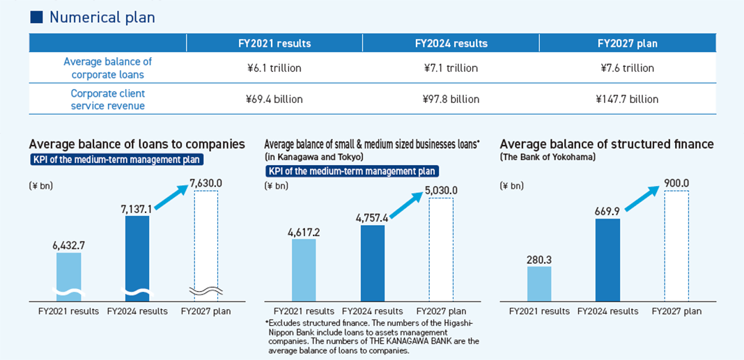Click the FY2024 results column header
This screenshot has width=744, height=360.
pyautogui.click(x=451, y=43)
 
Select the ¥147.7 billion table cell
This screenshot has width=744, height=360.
pyautogui.click(x=627, y=99)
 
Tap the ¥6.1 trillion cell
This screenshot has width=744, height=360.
pyautogui.click(x=274, y=68)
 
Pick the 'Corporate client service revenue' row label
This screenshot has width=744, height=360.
pyautogui.click(x=108, y=99)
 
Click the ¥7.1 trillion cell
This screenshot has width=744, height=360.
pyautogui.click(x=451, y=68)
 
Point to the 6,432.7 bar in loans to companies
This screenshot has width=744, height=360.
pyautogui.click(x=68, y=276)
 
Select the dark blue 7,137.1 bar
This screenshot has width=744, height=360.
pyautogui.click(x=137, y=258)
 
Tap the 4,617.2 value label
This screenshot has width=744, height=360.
pyautogui.click(x=304, y=233)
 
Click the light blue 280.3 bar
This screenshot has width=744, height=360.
pyautogui.click(x=539, y=283)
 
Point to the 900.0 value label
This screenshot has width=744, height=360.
pyautogui.click(x=676, y=183)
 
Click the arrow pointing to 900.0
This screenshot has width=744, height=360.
pyautogui.click(x=642, y=198)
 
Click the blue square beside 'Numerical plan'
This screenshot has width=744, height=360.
pyautogui.click(x=36, y=17)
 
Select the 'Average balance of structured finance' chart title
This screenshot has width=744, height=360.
pyautogui.click(x=607, y=144)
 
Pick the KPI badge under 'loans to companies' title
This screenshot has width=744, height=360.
pyautogui.click(x=116, y=159)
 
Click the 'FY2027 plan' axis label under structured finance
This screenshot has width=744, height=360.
pyautogui.click(x=676, y=311)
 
